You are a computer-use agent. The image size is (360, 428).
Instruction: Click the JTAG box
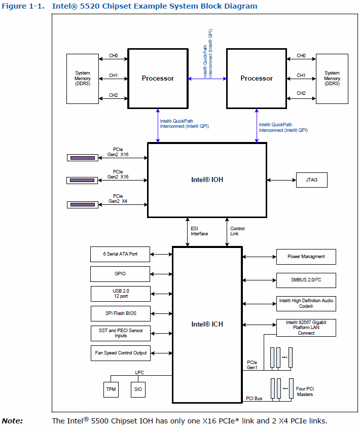click(311, 180)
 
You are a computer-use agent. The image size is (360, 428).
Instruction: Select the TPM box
click(111, 389)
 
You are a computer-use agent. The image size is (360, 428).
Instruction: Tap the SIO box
click(138, 389)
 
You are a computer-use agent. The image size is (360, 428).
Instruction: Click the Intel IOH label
click(206, 180)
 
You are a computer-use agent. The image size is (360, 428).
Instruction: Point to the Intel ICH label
click(207, 324)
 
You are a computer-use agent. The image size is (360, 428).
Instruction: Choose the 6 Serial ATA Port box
click(120, 254)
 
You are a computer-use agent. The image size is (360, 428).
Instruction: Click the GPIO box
click(120, 274)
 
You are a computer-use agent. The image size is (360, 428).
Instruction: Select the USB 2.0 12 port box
click(120, 293)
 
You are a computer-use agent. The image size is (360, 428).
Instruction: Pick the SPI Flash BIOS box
click(120, 313)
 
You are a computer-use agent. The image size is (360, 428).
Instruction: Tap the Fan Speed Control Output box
click(120, 352)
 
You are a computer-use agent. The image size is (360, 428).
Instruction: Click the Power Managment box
click(306, 257)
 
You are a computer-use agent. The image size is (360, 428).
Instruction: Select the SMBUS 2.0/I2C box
click(306, 279)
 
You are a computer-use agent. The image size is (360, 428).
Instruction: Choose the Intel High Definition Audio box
click(306, 304)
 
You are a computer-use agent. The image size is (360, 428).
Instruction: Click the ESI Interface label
click(199, 231)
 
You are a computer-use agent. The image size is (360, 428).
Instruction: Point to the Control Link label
click(237, 231)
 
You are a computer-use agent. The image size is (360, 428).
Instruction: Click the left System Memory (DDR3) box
click(83, 79)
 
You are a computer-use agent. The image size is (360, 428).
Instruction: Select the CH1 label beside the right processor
click(301, 75)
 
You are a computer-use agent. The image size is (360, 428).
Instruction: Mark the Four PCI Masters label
click(305, 391)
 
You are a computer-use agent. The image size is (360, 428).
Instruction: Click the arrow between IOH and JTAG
click(281, 180)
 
